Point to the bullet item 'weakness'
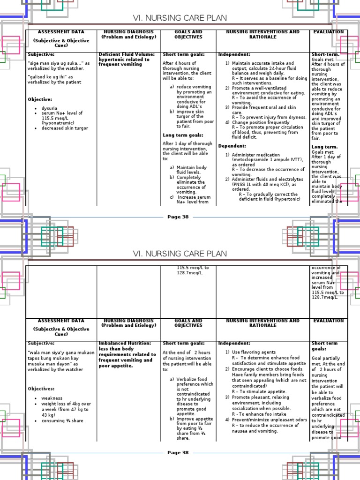pos(52,398)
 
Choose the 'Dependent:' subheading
pos(232,146)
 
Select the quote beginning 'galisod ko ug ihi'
pos(49,76)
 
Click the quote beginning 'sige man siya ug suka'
pos(55,63)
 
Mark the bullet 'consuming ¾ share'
pos(62,420)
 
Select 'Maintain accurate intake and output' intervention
pos(263,63)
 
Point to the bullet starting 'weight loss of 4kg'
pos(66,404)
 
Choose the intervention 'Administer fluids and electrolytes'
pos(266,179)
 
